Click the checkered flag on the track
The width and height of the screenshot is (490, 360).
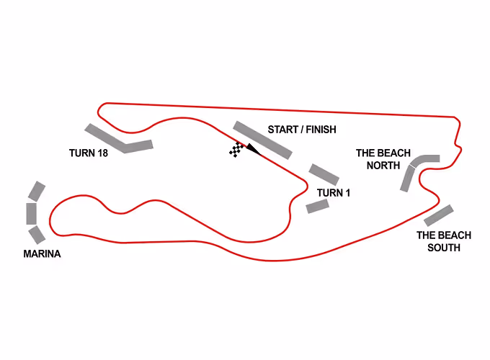click(236, 150)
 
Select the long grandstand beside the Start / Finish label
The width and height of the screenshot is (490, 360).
click(262, 140)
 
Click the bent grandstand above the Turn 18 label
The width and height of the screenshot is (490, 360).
click(119, 140)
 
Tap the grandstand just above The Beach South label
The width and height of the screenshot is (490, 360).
click(439, 215)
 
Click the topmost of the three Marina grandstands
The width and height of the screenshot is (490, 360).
click(37, 191)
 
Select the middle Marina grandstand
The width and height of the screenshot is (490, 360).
click(32, 214)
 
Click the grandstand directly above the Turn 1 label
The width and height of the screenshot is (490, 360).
click(324, 174)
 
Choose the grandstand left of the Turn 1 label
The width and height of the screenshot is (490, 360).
click(318, 206)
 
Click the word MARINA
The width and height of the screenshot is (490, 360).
click(42, 253)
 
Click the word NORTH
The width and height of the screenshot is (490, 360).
click(383, 165)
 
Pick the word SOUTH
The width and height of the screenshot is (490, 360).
click(444, 247)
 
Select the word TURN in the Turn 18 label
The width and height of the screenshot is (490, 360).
click(81, 153)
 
